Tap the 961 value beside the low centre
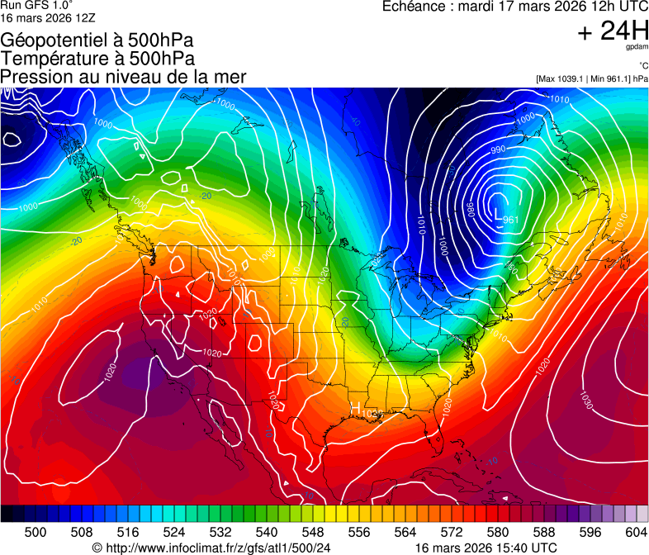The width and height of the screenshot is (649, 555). coord(511,220)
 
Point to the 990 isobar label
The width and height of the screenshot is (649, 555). coord(498,149)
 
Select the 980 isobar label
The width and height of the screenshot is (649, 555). coord(469,210)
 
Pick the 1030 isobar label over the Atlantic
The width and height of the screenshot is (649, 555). coord(585,400)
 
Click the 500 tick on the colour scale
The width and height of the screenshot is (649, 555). coord(36,532)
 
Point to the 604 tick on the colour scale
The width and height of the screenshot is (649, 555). coord(636,532)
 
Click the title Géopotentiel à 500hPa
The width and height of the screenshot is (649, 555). coord(97,40)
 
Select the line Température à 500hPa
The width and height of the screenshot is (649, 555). coord(97,58)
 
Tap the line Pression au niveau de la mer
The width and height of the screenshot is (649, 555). coord(123,77)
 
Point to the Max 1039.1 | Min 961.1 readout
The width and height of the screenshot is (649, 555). coord(591,78)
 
